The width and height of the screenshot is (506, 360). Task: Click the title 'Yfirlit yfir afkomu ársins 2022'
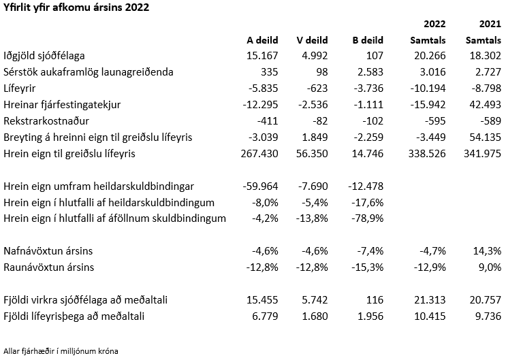(x=76, y=7)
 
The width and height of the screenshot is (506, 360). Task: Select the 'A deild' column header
(x=262, y=40)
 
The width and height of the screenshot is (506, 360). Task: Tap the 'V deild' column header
(x=312, y=40)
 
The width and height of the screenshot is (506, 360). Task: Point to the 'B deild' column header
(x=368, y=40)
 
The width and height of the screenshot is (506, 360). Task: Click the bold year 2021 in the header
(x=490, y=24)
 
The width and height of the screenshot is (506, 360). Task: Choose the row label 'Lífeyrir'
(x=19, y=88)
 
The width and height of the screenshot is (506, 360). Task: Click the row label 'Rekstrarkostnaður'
(x=46, y=120)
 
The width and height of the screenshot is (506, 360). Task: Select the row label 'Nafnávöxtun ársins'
(x=48, y=250)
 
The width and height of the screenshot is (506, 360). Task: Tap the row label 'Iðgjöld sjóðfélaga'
(x=44, y=56)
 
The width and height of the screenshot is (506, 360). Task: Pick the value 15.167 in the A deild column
(x=262, y=56)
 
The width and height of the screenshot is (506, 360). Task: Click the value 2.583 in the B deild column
(x=370, y=71)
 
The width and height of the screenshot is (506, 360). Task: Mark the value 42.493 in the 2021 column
(x=486, y=104)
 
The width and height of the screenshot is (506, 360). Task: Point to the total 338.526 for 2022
(x=426, y=153)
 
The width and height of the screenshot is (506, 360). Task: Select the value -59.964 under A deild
(x=260, y=186)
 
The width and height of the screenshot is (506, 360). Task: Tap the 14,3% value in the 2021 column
(x=487, y=250)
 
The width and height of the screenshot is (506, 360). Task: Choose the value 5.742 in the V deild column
(x=315, y=299)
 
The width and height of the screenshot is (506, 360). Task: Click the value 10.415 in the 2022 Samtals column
(x=430, y=316)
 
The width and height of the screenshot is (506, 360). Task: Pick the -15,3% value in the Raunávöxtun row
(x=367, y=267)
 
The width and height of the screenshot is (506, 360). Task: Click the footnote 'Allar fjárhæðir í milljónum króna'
(x=61, y=351)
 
